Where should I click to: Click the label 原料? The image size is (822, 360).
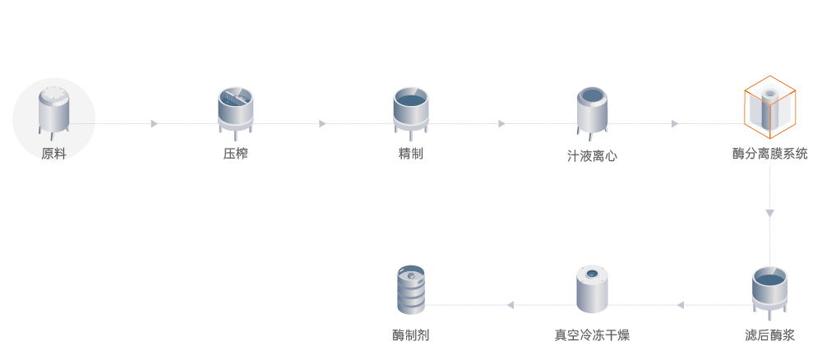53,154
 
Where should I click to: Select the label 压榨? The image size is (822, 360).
235,154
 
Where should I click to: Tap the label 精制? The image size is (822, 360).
410,154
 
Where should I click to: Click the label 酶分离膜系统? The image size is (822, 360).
769,154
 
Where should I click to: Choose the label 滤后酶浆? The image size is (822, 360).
769,335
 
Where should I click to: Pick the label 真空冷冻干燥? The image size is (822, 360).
592,335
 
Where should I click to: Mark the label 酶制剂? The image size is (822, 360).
411,335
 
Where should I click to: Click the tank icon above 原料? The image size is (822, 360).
54,111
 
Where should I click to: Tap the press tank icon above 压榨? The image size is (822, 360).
235,109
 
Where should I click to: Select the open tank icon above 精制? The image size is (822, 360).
411,109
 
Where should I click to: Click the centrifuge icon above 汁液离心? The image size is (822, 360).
591,111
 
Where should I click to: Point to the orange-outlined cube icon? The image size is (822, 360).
769,108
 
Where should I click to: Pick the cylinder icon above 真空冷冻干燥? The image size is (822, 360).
592,289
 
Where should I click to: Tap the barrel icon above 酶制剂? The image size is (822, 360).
411,289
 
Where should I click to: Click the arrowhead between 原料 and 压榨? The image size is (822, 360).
154,124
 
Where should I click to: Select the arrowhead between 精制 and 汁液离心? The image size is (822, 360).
501,124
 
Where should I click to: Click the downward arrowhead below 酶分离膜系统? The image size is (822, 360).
769,214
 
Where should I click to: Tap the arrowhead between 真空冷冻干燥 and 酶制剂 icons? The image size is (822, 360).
510,305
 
